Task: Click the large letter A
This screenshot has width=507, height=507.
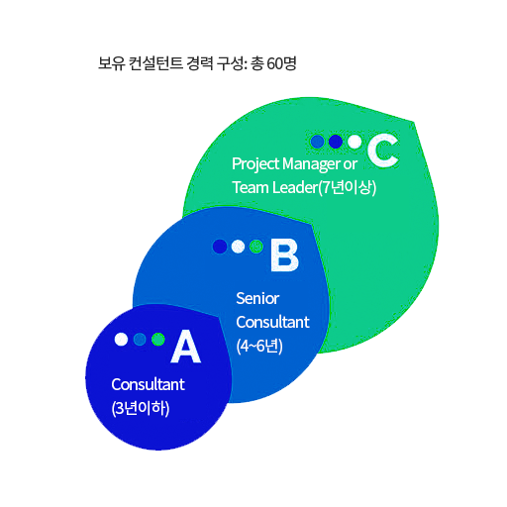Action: pyautogui.click(x=186, y=347)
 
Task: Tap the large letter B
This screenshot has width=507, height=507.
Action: pyautogui.click(x=284, y=255)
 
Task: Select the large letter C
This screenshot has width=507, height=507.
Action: pyautogui.click(x=383, y=151)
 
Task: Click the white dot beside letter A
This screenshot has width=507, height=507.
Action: pyautogui.click(x=121, y=339)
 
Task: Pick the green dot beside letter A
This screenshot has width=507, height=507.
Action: pyautogui.click(x=158, y=339)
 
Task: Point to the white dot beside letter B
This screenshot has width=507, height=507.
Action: pyautogui.click(x=238, y=247)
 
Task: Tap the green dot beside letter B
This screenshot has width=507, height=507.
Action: pyautogui.click(x=256, y=247)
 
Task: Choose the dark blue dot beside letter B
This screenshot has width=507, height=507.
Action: pyautogui.click(x=220, y=247)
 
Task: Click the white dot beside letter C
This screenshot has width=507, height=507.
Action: pyautogui.click(x=355, y=142)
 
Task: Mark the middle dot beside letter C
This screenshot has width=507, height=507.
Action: pyautogui.click(x=336, y=142)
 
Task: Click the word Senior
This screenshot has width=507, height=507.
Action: pyautogui.click(x=257, y=299)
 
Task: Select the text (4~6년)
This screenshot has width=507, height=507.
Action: pyautogui.click(x=259, y=347)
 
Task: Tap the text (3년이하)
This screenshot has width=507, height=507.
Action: pyautogui.click(x=141, y=409)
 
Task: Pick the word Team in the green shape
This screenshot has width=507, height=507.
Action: pyautogui.click(x=251, y=187)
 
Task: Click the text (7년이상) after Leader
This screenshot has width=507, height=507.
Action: pyautogui.click(x=347, y=188)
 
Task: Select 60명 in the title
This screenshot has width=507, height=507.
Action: pyautogui.click(x=281, y=63)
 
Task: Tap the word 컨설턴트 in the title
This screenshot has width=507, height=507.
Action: pyautogui.click(x=155, y=63)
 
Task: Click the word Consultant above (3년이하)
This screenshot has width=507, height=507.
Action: pyautogui.click(x=148, y=384)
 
